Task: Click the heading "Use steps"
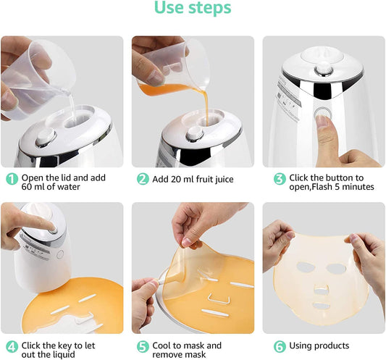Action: (x=193, y=8)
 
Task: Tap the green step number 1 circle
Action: (x=12, y=179)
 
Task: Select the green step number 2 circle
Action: (x=143, y=179)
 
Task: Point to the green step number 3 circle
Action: (x=280, y=179)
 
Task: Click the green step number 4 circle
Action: (x=12, y=347)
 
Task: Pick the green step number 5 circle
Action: (x=143, y=347)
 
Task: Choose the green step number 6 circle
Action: (x=280, y=347)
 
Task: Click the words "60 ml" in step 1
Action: (x=33, y=187)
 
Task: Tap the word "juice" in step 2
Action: (x=224, y=180)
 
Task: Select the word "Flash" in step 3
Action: (x=322, y=187)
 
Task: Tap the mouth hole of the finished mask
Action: (x=321, y=306)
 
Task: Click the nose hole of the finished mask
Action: (x=322, y=289)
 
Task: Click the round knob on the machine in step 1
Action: (x=46, y=138)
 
